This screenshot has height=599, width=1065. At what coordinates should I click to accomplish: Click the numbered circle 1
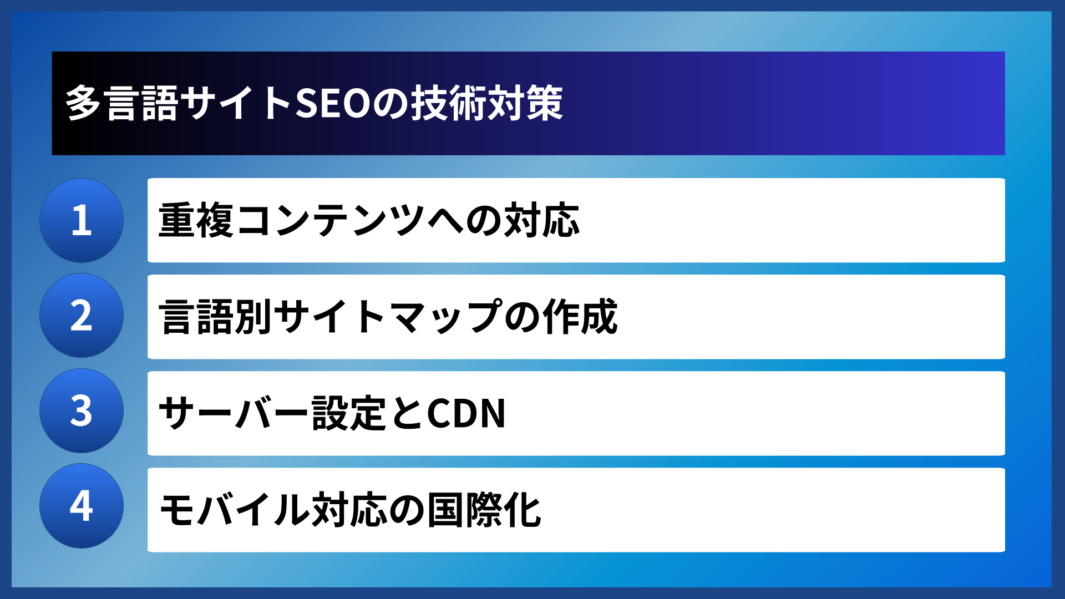pyautogui.click(x=82, y=220)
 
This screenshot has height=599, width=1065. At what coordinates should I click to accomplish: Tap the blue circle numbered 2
pyautogui.click(x=82, y=316)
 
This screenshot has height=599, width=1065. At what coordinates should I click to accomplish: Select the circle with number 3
pyautogui.click(x=82, y=411)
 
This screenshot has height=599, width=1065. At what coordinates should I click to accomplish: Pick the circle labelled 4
pyautogui.click(x=82, y=506)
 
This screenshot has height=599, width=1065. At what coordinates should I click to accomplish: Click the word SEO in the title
pyautogui.click(x=333, y=104)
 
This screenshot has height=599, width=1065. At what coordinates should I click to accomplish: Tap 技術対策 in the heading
pyautogui.click(x=486, y=104)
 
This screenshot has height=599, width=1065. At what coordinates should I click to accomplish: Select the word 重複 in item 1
pyautogui.click(x=196, y=221)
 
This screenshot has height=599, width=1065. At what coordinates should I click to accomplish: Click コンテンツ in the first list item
pyautogui.click(x=330, y=221)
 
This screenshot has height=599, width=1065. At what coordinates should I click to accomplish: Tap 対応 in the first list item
pyautogui.click(x=541, y=221)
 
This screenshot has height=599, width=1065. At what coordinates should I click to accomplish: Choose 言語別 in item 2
pyautogui.click(x=215, y=317)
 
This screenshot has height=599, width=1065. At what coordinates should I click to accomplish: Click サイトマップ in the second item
pyautogui.click(x=387, y=317)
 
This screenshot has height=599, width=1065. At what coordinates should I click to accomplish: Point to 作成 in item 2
pyautogui.click(x=580, y=317)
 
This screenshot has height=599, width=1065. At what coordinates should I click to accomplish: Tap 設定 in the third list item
pyautogui.click(x=349, y=413)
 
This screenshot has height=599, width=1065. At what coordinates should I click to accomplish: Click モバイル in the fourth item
pyautogui.click(x=234, y=510)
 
